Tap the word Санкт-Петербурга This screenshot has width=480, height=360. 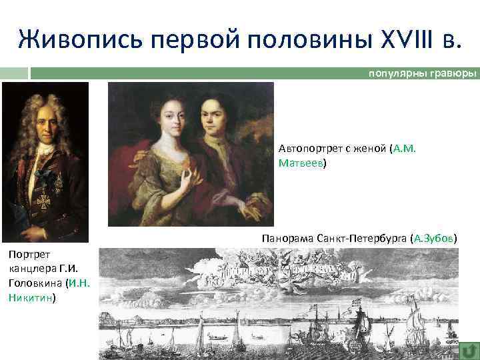(360, 238)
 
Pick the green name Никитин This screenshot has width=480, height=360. (30, 298)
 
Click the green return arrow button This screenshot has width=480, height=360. (469, 349)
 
